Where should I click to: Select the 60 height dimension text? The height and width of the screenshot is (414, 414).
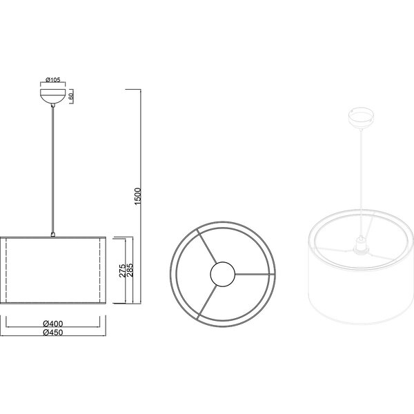(72, 96)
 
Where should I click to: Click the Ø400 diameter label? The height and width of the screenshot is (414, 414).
(53, 324)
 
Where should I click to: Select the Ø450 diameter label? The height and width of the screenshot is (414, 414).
(53, 332)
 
